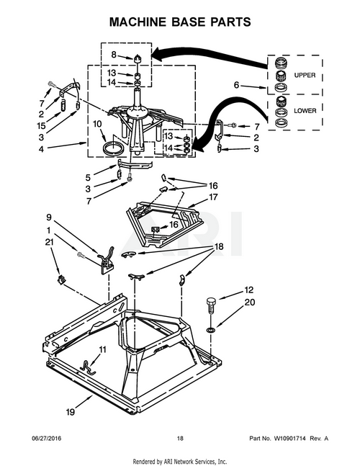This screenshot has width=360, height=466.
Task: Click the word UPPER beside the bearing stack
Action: click(x=305, y=75)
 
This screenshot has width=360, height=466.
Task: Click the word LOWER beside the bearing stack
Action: click(x=305, y=111)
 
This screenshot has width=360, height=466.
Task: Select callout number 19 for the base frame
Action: click(x=71, y=412)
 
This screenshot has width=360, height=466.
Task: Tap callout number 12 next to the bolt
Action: click(x=249, y=290)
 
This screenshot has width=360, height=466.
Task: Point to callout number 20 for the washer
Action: click(x=250, y=303)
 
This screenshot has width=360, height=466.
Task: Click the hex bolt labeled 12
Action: click(x=211, y=305)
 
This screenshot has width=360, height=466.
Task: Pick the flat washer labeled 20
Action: click(x=211, y=330)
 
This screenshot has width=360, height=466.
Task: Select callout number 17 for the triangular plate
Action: click(x=213, y=197)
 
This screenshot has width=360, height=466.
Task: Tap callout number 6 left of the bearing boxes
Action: click(x=236, y=85)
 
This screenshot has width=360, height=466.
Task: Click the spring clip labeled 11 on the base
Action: click(x=88, y=367)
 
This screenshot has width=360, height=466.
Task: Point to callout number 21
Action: click(x=49, y=242)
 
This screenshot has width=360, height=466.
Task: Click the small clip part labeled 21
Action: click(x=61, y=279)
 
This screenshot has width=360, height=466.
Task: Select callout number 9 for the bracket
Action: click(x=49, y=218)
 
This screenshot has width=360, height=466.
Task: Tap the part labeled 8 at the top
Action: click(x=137, y=58)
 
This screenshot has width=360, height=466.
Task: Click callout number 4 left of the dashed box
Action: click(x=41, y=148)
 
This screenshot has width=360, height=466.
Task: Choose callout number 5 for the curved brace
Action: click(x=88, y=178)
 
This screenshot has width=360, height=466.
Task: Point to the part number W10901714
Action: click(x=289, y=439)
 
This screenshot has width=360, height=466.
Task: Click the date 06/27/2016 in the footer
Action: click(x=46, y=439)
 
